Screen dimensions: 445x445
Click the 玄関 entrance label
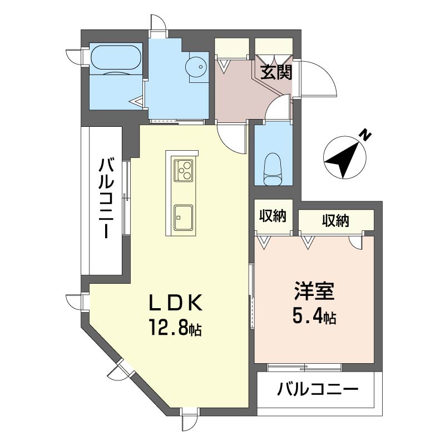coord(276,73)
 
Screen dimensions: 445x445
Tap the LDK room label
coord(176,302)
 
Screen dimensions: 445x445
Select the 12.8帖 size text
coord(175,328)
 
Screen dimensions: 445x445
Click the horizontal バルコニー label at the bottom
coord(318,389)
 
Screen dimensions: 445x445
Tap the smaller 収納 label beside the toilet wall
coord(273,216)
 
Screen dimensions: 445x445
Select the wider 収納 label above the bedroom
coord(335,220)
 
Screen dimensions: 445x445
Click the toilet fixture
coord(273,169)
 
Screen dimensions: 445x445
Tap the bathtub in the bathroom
coord(116,58)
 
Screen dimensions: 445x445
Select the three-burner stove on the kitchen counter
coord(184,170)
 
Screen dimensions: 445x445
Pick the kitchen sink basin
coord(184,217)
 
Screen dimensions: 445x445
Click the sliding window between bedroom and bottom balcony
coord(304,368)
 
